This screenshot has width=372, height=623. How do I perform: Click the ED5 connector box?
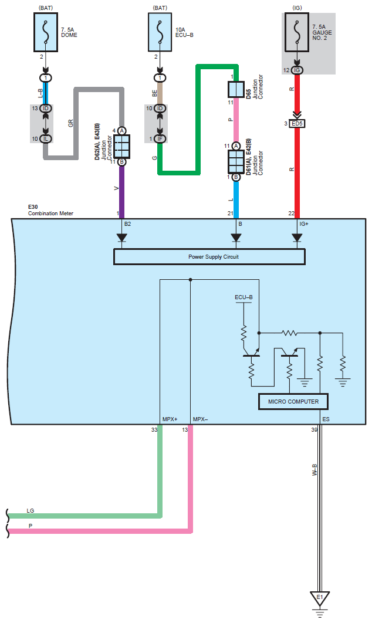[297, 124]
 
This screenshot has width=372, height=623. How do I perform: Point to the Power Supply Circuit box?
[209, 256]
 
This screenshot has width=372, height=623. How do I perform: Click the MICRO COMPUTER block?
[293, 401]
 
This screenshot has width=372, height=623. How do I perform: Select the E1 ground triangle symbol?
[320, 598]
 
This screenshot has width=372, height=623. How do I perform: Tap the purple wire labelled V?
[122, 188]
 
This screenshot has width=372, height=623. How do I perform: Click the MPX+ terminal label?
[170, 419]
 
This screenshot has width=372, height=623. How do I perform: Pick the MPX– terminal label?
[201, 419]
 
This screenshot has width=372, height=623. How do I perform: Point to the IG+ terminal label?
[304, 224]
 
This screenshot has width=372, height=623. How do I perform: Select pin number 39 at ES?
[314, 430]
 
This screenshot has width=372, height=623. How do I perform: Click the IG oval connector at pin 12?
[297, 70]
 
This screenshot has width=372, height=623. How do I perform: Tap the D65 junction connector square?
[236, 89]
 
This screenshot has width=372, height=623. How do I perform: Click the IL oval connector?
[46, 138]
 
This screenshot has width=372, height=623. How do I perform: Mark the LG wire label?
[31, 511]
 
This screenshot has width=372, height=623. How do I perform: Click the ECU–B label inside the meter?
[244, 297]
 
